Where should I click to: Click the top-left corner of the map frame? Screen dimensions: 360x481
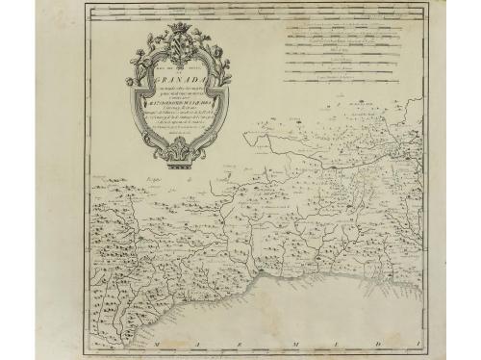pyautogui.click(x=75, y=12)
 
